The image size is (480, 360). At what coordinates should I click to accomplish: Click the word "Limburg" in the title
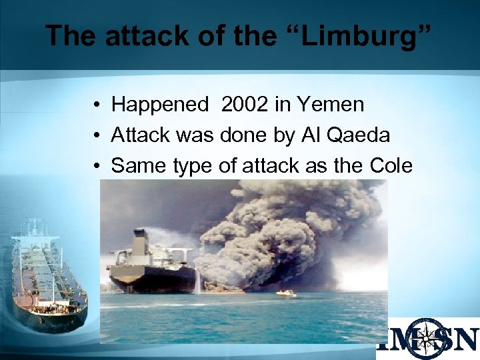pos(360,35)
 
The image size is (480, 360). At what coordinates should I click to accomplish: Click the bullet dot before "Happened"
pos(97,105)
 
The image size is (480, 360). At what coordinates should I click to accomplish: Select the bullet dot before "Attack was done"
pos(97,136)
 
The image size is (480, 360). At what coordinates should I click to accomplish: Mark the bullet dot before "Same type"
pos(97,167)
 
